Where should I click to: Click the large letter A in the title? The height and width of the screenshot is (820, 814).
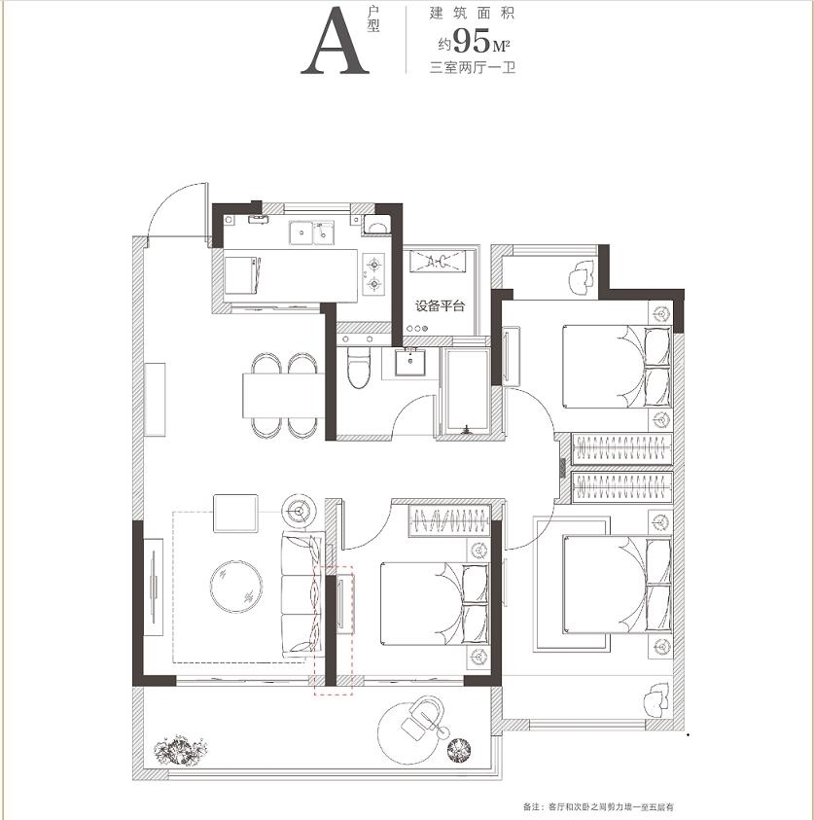(x=336, y=41)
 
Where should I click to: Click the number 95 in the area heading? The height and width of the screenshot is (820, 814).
(x=472, y=41)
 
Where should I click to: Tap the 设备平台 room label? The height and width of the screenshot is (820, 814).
(x=440, y=306)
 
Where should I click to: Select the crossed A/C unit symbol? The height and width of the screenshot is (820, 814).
(x=438, y=261)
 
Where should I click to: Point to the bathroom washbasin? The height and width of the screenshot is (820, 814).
(x=409, y=362)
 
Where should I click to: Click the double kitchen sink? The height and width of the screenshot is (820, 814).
(x=312, y=232)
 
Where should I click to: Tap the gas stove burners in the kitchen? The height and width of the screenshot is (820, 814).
(x=373, y=273)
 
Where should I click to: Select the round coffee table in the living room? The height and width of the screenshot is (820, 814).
(x=235, y=587)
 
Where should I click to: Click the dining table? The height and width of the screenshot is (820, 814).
(x=283, y=395)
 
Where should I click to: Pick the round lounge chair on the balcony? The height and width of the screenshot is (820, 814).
(x=411, y=732)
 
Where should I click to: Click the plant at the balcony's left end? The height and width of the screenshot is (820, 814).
(x=180, y=750)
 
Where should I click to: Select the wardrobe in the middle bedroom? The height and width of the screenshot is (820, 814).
(x=449, y=521)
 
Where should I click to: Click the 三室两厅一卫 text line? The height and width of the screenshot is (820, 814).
(x=472, y=68)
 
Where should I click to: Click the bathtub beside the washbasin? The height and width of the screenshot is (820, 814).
(x=465, y=391)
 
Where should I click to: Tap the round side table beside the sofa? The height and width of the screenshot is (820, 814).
(x=299, y=511)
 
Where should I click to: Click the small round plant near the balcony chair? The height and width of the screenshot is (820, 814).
(x=459, y=749)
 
